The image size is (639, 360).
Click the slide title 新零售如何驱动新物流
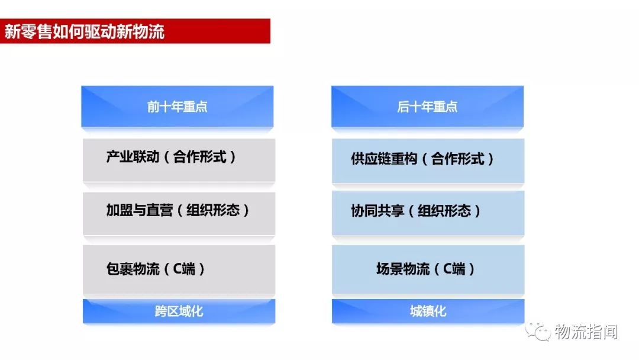84,31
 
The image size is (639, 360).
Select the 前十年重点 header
177,107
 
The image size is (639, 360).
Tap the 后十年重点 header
427,107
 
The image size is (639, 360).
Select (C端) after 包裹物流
185,269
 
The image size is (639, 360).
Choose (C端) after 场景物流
455,269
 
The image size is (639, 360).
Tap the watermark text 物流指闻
586,333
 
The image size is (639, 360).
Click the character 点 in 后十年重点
451,107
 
